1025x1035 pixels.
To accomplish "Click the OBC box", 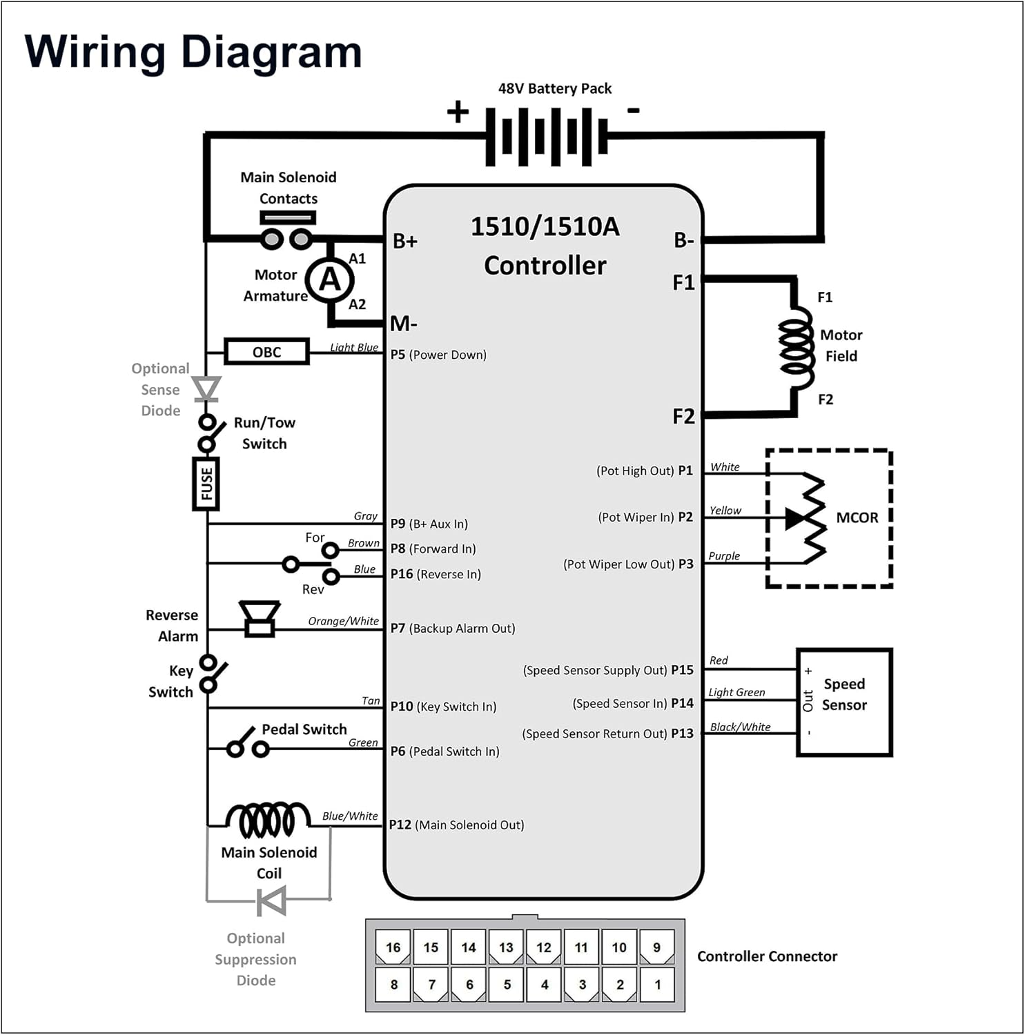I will click(x=266, y=352).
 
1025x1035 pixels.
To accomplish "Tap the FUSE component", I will click(x=206, y=483).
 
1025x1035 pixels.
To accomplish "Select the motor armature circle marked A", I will click(x=330, y=279).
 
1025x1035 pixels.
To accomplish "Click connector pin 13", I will click(x=506, y=947).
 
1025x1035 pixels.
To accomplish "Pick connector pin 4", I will click(x=544, y=984).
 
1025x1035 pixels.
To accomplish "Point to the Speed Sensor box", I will click(x=843, y=702).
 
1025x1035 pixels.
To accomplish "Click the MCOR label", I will click(x=857, y=517).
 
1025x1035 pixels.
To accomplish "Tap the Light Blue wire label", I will click(x=353, y=347).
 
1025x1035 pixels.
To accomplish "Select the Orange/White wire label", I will click(x=343, y=621).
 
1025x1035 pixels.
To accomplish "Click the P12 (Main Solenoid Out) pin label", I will click(x=456, y=825).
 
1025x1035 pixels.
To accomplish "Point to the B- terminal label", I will click(x=683, y=240).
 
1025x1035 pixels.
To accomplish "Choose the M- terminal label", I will click(x=404, y=323).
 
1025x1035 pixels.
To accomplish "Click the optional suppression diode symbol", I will click(x=271, y=900).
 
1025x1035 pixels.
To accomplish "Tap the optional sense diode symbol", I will click(x=206, y=388).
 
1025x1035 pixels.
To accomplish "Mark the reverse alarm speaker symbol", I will click(x=260, y=618).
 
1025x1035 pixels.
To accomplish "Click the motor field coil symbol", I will click(x=797, y=346).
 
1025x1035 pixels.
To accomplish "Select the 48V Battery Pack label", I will click(x=554, y=88).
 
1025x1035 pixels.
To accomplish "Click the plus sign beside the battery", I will click(x=458, y=111).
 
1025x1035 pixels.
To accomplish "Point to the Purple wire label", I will click(x=723, y=555).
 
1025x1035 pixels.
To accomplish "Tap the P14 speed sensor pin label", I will click(x=633, y=703).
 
